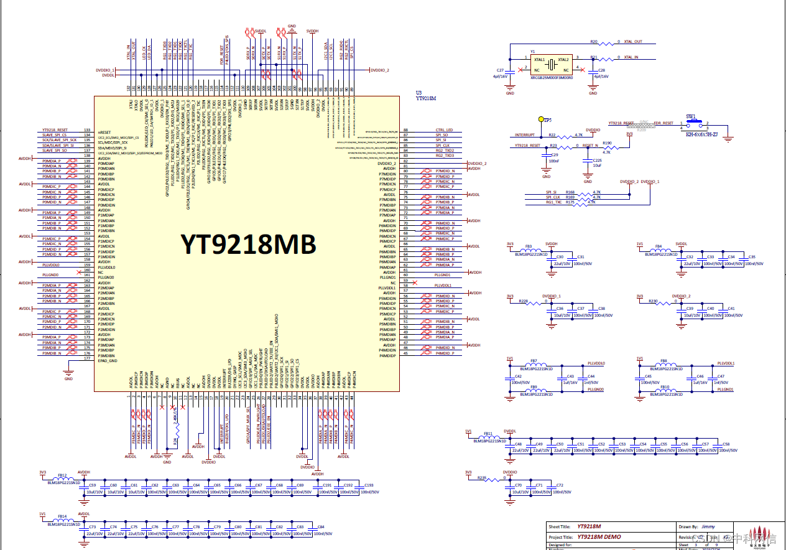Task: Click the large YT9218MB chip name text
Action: coord(248,244)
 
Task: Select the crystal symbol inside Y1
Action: coord(552,63)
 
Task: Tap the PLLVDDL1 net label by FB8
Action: coord(726,363)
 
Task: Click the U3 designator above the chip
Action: coord(418,91)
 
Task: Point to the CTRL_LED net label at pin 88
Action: coord(444,130)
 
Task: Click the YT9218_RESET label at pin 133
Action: coord(55,129)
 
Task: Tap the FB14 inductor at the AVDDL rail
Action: coord(62,520)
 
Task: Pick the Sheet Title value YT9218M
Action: coord(589,526)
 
